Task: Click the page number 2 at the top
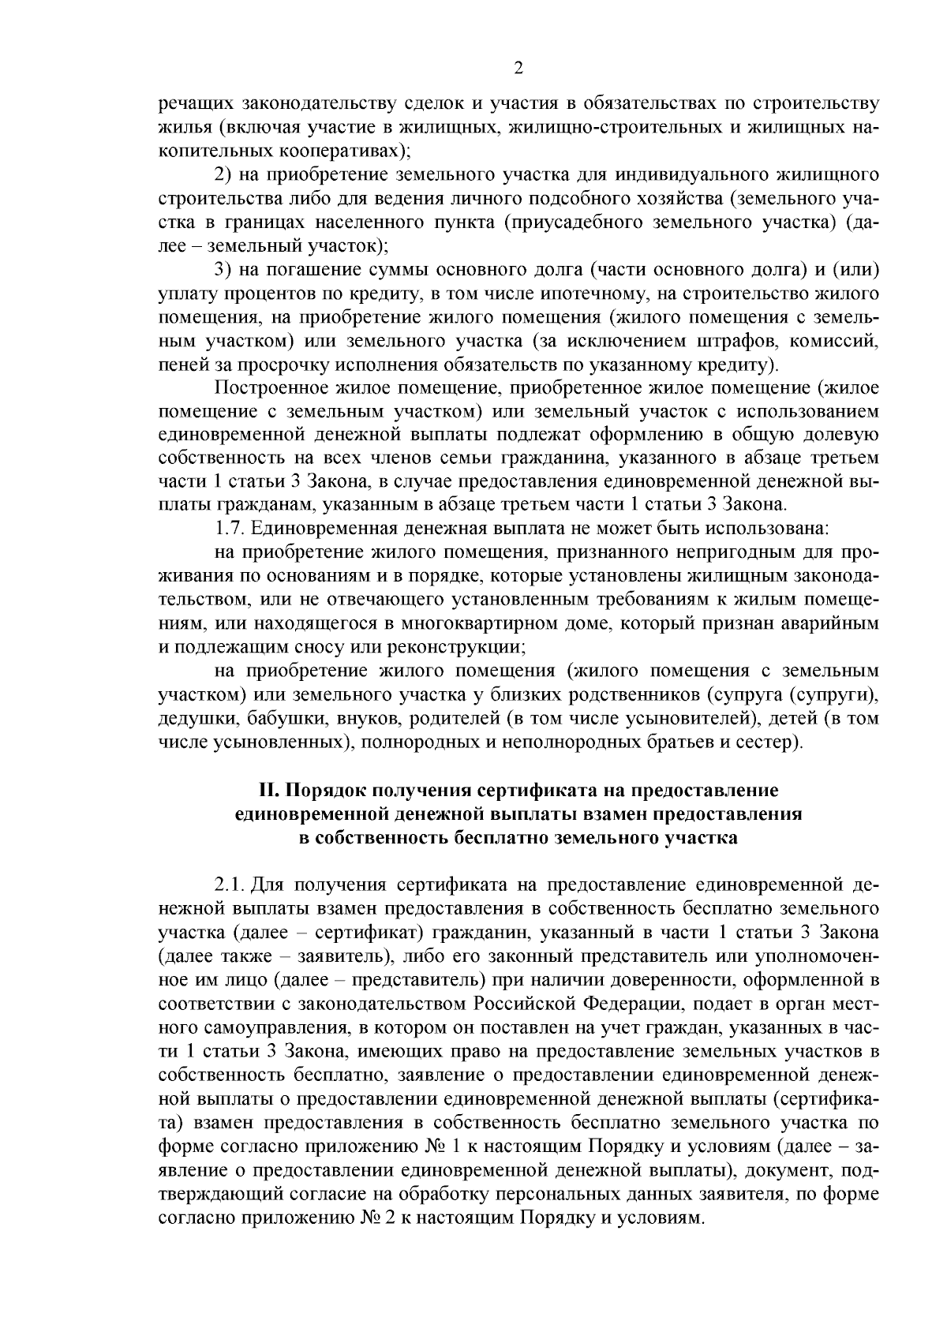pos(518,69)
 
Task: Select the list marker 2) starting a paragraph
pos(225,172)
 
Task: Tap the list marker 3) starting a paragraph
pos(225,270)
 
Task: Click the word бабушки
pos(284,719)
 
